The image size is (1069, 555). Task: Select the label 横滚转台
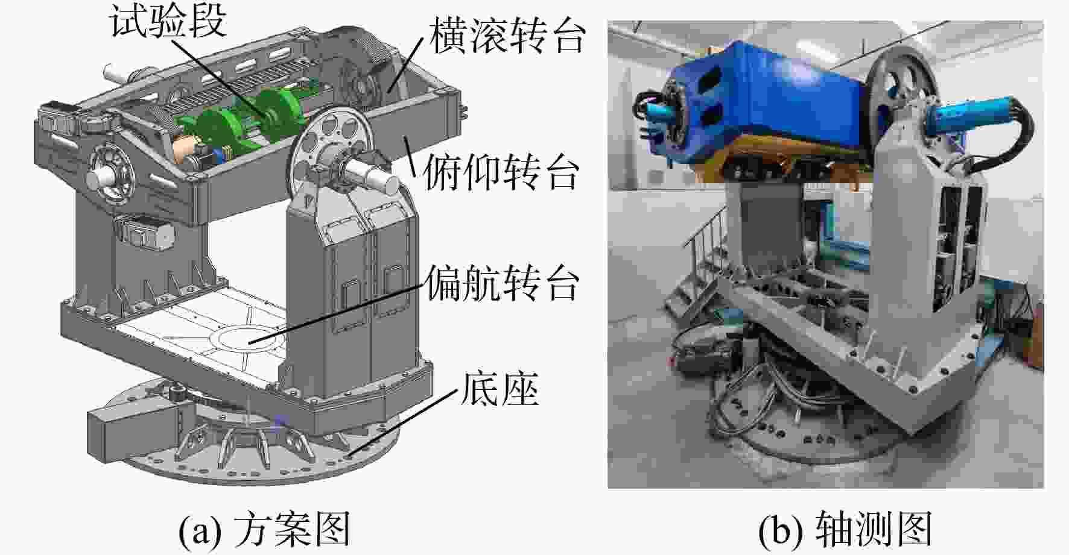pyautogui.click(x=507, y=36)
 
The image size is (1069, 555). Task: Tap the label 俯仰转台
pyautogui.click(x=501, y=172)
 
